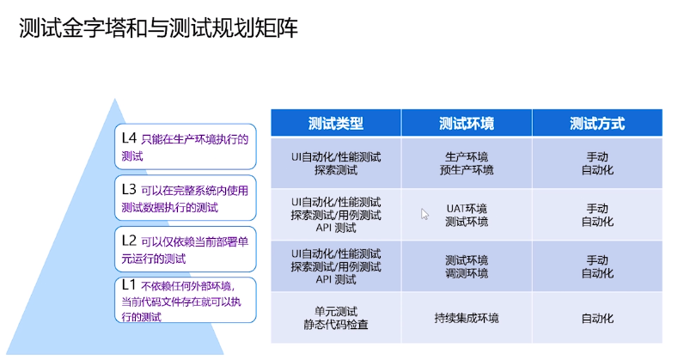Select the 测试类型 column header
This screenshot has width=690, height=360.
coord(335,124)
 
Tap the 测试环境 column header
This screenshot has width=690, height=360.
coord(466,124)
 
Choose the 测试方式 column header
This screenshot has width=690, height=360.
coord(596,124)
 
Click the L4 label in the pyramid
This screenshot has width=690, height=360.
coord(129,137)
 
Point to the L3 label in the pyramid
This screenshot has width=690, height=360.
coord(129,189)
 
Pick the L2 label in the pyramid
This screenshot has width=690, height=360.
coord(129,240)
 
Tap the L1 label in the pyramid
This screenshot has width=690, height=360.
coord(129,284)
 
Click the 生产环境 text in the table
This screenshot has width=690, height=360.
coord(466,156)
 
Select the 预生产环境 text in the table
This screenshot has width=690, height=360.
coord(466,169)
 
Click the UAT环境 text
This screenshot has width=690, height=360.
coord(466,208)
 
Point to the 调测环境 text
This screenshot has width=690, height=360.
coord(466,273)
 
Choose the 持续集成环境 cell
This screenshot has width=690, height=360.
coord(466,318)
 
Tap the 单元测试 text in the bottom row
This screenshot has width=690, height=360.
coord(335,311)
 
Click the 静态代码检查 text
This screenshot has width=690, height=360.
coord(335,325)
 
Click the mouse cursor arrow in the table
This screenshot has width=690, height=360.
coord(424,213)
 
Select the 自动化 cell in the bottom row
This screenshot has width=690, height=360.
coord(596,318)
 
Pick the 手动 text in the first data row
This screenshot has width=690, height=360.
coord(596,156)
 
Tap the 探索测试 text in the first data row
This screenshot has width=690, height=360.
coord(335,169)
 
